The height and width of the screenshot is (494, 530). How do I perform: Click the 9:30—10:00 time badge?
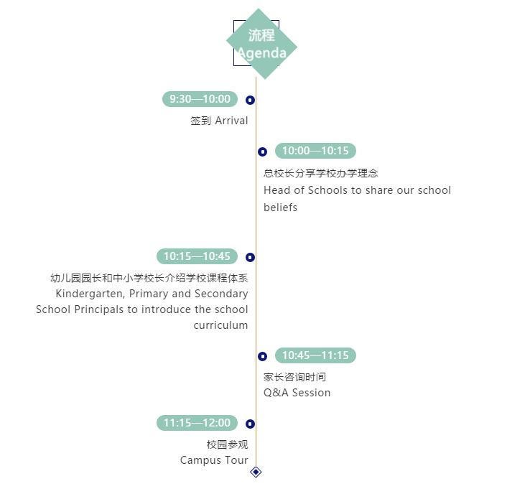pyautogui.click(x=200, y=99)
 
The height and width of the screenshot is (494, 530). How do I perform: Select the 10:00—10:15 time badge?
pyautogui.click(x=315, y=151)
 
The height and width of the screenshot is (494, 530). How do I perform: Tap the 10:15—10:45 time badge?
pyautogui.click(x=197, y=256)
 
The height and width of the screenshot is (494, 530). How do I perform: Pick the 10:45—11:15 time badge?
pyautogui.click(x=315, y=355)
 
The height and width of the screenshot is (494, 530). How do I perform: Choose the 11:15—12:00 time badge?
pyautogui.click(x=197, y=423)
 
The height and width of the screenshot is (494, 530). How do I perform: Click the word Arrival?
pyautogui.click(x=231, y=121)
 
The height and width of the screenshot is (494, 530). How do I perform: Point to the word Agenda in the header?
pyautogui.click(x=262, y=53)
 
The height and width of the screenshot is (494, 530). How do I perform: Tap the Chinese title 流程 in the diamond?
pyautogui.click(x=261, y=35)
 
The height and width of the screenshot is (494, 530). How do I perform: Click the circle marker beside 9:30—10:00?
pyautogui.click(x=250, y=100)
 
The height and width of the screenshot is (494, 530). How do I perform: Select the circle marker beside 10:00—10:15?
pyautogui.click(x=262, y=152)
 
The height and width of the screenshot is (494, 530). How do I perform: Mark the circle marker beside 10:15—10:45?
pyautogui.click(x=250, y=258)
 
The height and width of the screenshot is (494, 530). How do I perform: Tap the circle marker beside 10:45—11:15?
pyautogui.click(x=262, y=356)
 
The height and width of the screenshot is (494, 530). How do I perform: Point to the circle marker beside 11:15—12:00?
pyautogui.click(x=250, y=424)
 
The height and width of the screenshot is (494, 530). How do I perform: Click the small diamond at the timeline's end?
pyautogui.click(x=256, y=472)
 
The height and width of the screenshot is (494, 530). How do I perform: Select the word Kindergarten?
pyautogui.click(x=90, y=294)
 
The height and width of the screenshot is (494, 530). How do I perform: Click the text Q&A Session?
pyautogui.click(x=297, y=393)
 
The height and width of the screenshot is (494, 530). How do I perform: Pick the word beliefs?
pyautogui.click(x=280, y=207)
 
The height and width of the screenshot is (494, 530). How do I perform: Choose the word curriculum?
pyautogui.click(x=220, y=325)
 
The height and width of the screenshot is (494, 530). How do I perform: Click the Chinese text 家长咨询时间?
pyautogui.click(x=294, y=377)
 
